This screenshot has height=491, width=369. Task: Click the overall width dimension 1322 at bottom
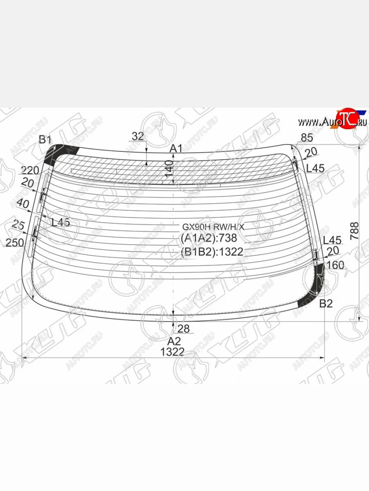click(172, 352)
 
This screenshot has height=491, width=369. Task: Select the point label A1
click(176, 149)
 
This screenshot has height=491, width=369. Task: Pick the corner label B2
click(326, 304)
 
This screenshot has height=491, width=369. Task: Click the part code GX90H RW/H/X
click(213, 227)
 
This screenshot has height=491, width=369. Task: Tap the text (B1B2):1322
click(212, 252)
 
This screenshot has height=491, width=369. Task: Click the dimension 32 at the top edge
click(138, 137)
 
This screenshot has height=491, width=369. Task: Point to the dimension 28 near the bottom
click(184, 328)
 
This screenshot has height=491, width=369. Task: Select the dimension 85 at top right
click(307, 137)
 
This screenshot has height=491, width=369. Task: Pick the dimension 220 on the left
click(30, 170)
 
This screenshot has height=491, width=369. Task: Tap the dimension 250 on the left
click(14, 243)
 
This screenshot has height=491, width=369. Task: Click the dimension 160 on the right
click(336, 265)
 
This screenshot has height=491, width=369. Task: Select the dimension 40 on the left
click(23, 203)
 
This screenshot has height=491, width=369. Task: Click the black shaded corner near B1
click(52, 156)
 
